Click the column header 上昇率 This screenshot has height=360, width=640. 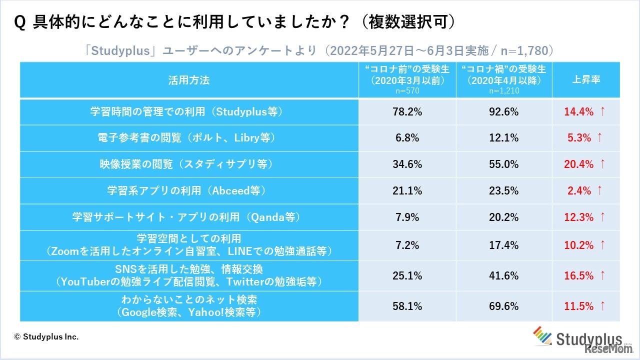pyautogui.click(x=585, y=80)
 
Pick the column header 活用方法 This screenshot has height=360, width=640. pyautogui.click(x=189, y=80)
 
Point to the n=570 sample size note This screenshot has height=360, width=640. pyautogui.click(x=407, y=91)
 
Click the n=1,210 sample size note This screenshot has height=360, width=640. pyautogui.click(x=503, y=91)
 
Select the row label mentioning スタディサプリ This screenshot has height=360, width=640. pyautogui.click(x=189, y=164)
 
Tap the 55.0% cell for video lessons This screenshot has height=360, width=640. pyautogui.click(x=504, y=164)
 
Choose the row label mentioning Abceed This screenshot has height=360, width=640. pyautogui.click(x=189, y=190)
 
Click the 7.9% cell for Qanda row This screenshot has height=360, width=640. pyautogui.click(x=407, y=217)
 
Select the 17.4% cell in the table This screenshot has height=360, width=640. pyautogui.click(x=504, y=245)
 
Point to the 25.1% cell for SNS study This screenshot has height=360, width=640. pyautogui.click(x=407, y=275)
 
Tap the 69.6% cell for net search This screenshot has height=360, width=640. pyautogui.click(x=504, y=306)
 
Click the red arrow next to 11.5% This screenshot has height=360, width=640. pyautogui.click(x=602, y=306)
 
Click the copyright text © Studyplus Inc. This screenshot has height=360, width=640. pyautogui.click(x=46, y=337)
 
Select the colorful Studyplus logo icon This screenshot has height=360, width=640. pyautogui.click(x=543, y=336)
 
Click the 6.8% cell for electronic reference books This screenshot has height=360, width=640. pyautogui.click(x=407, y=138)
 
